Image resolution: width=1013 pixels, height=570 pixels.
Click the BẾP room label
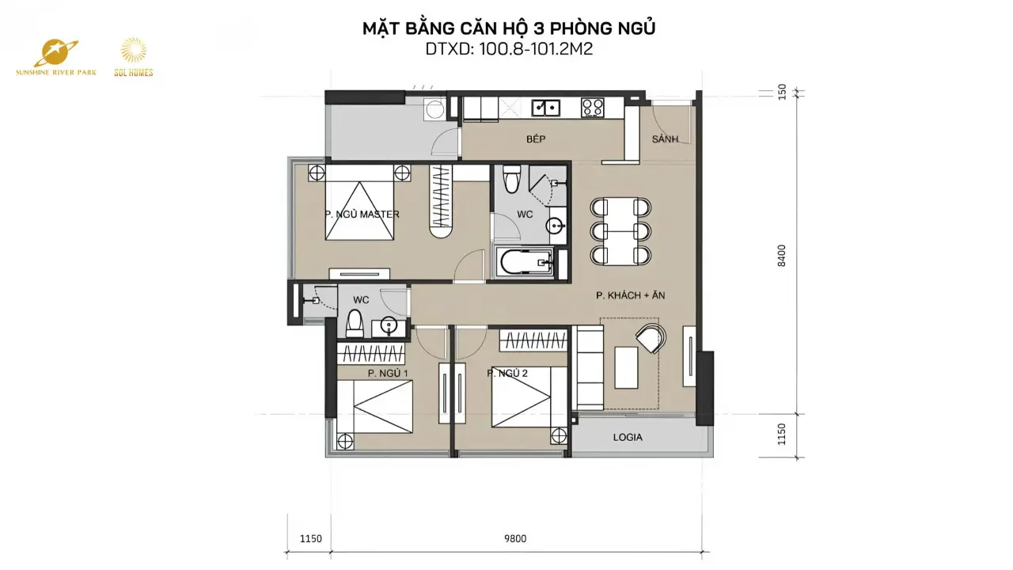[x=536, y=139]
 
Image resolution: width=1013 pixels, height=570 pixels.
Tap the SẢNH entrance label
[x=665, y=139]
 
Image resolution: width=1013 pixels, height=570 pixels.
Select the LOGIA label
[x=628, y=438]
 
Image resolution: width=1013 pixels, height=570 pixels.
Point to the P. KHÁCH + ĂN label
[x=631, y=295]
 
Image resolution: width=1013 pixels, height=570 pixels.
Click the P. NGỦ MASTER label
[x=362, y=214]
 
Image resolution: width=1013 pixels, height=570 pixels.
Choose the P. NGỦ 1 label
[x=388, y=373]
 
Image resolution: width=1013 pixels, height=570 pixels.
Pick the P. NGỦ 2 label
[x=507, y=373]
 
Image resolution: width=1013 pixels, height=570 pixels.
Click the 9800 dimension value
[x=515, y=539]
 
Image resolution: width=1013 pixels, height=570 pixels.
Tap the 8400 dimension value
[x=782, y=256]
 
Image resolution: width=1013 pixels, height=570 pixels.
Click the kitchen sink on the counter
[x=546, y=108]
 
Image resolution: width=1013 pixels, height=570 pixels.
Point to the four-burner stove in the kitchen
[x=593, y=108]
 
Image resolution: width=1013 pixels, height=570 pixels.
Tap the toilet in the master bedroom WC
[x=512, y=178]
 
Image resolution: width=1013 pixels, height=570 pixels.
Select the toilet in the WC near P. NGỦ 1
[x=355, y=323]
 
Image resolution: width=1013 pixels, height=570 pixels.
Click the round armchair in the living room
[x=651, y=338]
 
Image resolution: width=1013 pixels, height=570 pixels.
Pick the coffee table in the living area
[x=626, y=368]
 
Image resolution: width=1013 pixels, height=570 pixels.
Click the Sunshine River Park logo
[x=56, y=57]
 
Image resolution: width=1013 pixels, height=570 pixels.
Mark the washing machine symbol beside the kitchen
[x=434, y=109]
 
